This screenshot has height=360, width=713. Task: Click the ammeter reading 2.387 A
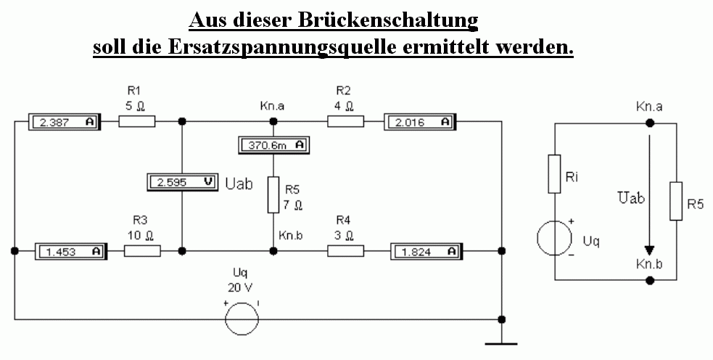click(64, 122)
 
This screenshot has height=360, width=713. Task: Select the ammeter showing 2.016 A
click(420, 122)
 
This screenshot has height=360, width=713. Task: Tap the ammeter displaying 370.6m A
click(273, 145)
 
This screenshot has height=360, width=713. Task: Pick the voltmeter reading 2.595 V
click(182, 182)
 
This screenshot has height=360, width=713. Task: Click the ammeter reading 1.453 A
click(70, 251)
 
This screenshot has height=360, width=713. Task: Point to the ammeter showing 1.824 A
click(426, 251)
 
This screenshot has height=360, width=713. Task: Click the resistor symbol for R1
click(137, 121)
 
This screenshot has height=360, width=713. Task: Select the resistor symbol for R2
click(345, 121)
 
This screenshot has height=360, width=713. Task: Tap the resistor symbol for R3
click(142, 251)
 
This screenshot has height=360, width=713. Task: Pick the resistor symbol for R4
click(345, 251)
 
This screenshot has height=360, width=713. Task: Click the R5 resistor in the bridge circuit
click(273, 195)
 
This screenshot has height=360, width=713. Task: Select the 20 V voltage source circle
click(242, 319)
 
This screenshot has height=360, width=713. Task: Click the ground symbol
click(501, 344)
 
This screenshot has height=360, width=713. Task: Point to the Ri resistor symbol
click(554, 174)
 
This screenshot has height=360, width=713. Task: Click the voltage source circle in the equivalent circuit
click(554, 238)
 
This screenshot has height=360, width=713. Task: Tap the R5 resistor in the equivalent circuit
click(676, 201)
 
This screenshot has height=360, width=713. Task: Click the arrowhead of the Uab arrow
click(650, 251)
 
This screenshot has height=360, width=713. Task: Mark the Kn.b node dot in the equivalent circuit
click(650, 280)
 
